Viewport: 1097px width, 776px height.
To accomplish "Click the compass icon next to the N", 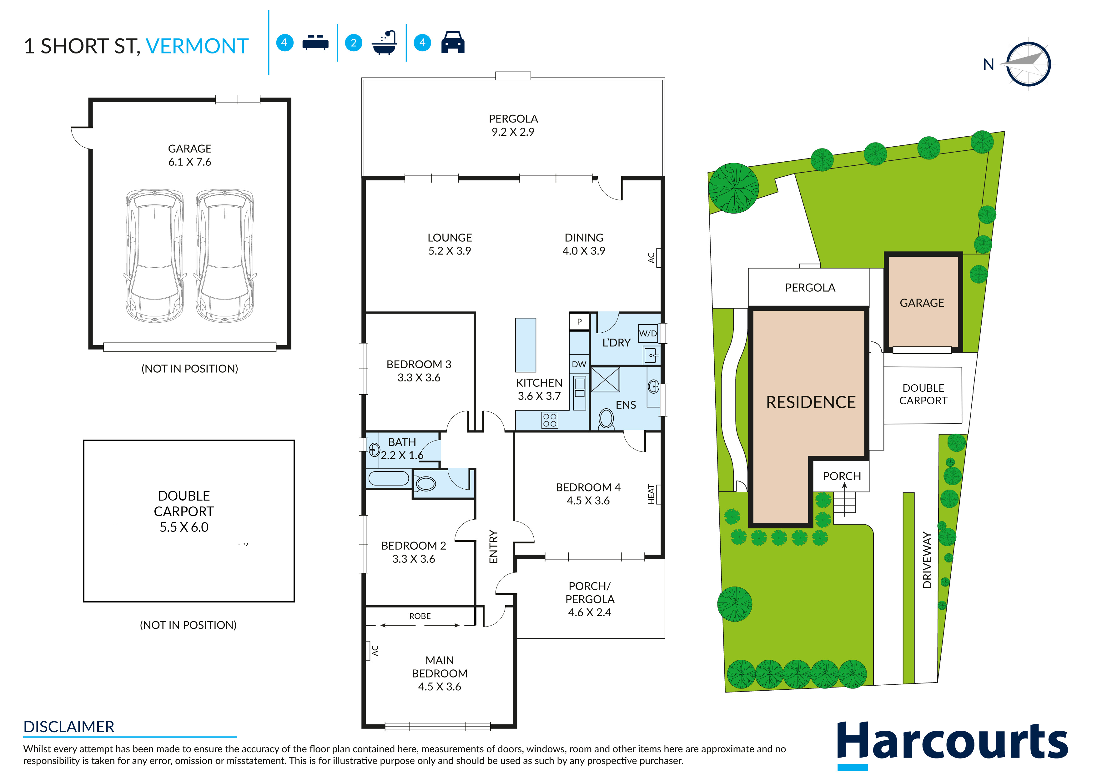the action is click(1028, 64).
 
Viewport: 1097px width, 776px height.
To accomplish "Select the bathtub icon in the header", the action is click(385, 43).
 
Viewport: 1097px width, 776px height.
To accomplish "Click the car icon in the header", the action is click(453, 43).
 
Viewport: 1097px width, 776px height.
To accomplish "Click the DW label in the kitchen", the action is click(579, 364).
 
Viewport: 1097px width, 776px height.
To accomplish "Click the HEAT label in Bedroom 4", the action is click(651, 495).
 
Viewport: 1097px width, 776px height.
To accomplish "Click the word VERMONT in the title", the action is click(197, 46).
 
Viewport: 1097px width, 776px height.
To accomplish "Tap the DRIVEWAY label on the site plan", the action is click(927, 560).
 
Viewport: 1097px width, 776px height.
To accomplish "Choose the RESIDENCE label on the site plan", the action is click(811, 402).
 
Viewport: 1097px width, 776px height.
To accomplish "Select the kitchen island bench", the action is click(526, 345).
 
